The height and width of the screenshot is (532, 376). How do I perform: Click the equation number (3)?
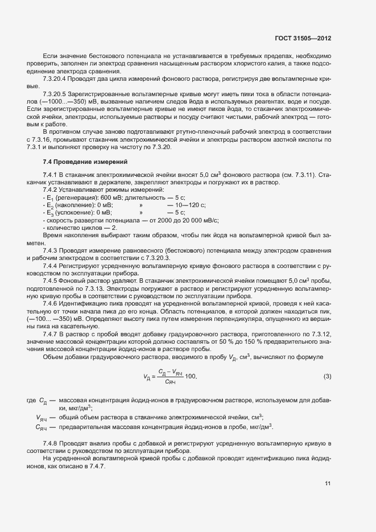(x=327, y=377)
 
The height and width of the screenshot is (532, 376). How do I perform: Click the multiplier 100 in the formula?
(x=192, y=377)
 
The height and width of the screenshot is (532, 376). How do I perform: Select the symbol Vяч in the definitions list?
(x=41, y=417)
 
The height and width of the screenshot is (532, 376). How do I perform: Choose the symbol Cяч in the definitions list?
(x=41, y=427)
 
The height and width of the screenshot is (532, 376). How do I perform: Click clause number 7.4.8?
(x=51, y=443)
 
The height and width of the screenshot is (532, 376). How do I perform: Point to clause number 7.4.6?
(x=51, y=304)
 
